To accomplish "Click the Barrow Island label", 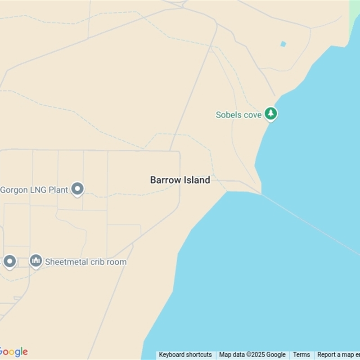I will (x=180, y=180).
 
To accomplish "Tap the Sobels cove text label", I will (x=238, y=115).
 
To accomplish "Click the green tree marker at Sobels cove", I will (x=270, y=113).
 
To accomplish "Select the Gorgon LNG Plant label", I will (x=34, y=190).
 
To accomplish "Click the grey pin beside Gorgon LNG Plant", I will (x=78, y=189).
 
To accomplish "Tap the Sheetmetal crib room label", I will (x=86, y=262).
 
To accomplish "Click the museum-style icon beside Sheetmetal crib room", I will (x=36, y=261).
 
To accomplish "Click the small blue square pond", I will (x=283, y=44).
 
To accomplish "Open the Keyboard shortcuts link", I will (x=185, y=355).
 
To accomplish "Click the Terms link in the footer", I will (x=301, y=355).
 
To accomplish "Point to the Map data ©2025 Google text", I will (x=252, y=355).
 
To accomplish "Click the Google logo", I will (x=13, y=352).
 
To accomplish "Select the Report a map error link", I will (x=338, y=355).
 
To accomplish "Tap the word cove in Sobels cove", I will (x=253, y=115).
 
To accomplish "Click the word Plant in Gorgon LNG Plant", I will (x=58, y=190).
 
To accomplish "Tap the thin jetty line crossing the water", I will (x=310, y=220).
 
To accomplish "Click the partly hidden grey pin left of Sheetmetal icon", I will (x=10, y=261).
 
